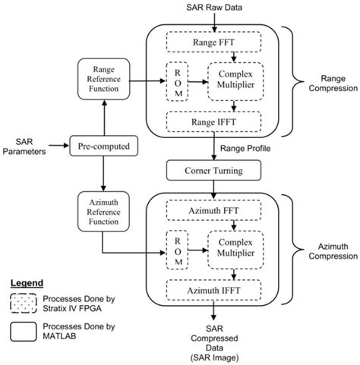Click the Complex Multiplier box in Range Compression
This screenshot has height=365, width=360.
pyautogui.click(x=235, y=81)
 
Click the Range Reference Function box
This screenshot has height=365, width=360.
pyautogui.click(x=105, y=79)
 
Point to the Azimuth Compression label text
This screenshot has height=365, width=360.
pyautogui.click(x=324, y=252)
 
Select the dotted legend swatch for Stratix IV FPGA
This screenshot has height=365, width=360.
pyautogui.click(x=25, y=302)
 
